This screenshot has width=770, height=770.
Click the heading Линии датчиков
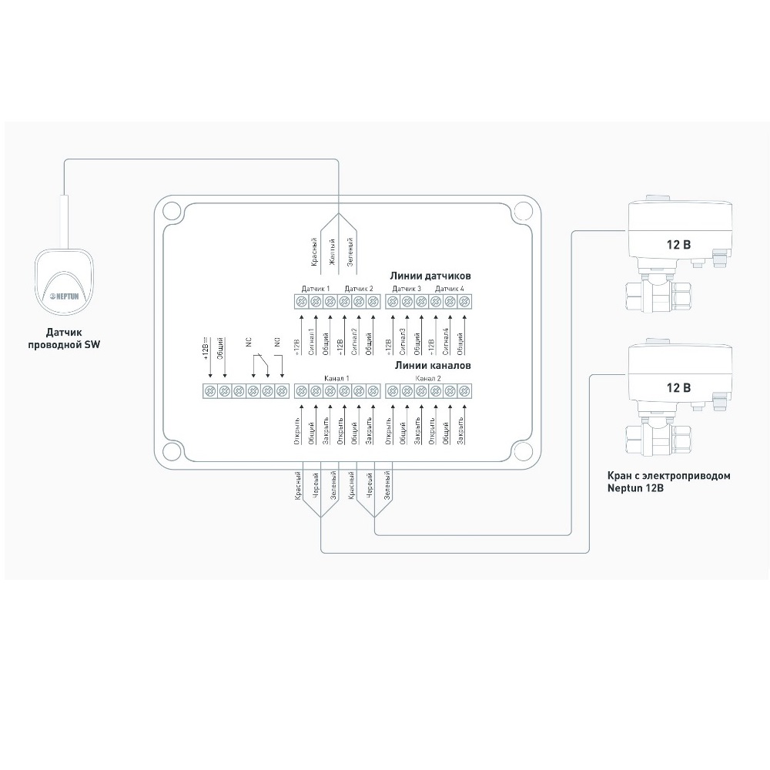point(430,275)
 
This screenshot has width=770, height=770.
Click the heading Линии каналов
point(432,366)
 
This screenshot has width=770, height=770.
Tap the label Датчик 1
point(316,289)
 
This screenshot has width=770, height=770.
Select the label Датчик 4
point(450,289)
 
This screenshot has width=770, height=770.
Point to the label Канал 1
point(337,379)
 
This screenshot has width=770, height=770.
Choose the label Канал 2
point(428,379)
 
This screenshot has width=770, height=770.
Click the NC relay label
point(249,344)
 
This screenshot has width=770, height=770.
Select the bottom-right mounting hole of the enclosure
point(523,451)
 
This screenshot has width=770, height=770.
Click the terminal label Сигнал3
point(402,341)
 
